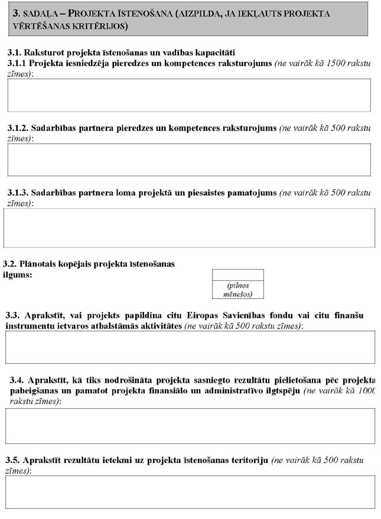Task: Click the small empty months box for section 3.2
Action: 237,275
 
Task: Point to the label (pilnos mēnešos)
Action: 237,290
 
